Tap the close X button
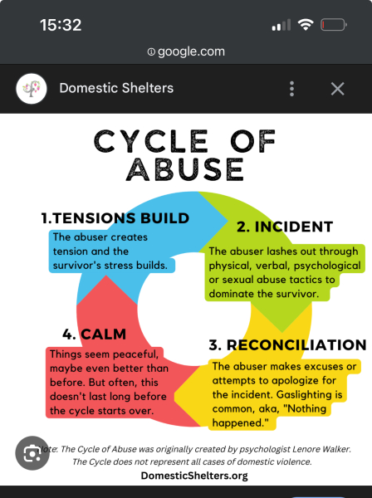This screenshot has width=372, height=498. coord(337,89)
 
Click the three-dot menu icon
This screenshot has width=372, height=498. coord(292,89)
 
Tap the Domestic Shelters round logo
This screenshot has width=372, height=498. coord(32,89)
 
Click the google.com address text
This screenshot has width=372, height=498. coord(191,51)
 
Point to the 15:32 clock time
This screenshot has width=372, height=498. coord(61,25)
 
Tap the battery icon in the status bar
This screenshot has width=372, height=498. coord(334,25)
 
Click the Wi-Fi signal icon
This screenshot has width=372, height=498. coord(306,25)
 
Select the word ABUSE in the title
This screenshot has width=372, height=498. coord(185,169)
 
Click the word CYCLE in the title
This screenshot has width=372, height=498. coord(151,141)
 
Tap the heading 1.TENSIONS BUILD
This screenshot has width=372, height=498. coord(115,218)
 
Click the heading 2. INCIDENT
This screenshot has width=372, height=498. coord(285,227)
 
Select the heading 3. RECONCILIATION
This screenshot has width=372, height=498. coord(288,345)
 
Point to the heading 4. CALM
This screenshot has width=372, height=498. coord(95,334)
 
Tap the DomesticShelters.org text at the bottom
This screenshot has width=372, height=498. coord(194,476)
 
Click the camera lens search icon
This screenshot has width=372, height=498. coord(32,453)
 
